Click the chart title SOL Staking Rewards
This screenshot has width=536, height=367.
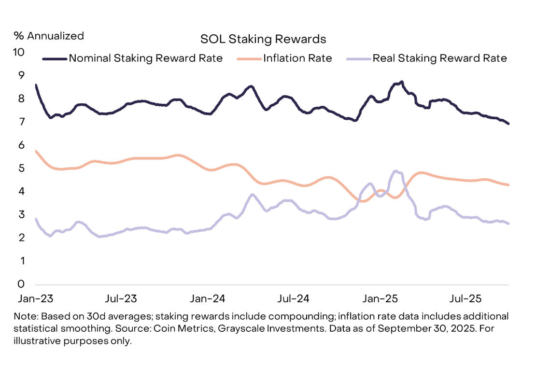(x=263, y=39)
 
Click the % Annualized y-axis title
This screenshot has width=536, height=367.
(x=49, y=36)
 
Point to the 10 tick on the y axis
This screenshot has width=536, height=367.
(x=18, y=52)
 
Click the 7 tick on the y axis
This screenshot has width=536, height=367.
(x=21, y=122)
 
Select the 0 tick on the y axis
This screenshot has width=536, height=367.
(x=21, y=284)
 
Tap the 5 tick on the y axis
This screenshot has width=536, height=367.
(x=21, y=168)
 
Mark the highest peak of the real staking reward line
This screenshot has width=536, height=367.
(x=395, y=171)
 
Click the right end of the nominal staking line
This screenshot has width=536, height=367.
(x=508, y=124)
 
